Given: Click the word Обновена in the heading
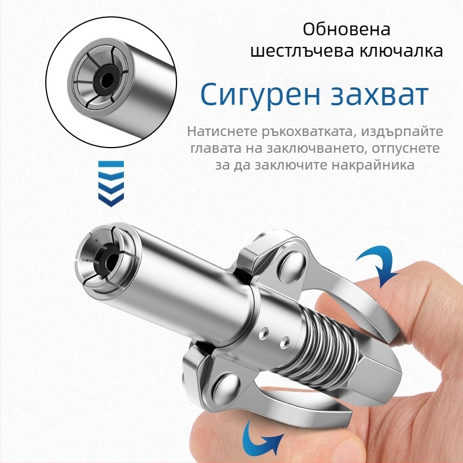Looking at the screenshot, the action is pyautogui.click(x=347, y=30).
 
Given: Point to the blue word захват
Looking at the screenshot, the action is pyautogui.click(x=380, y=95).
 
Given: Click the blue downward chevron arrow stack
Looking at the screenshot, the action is pyautogui.click(x=111, y=183).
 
